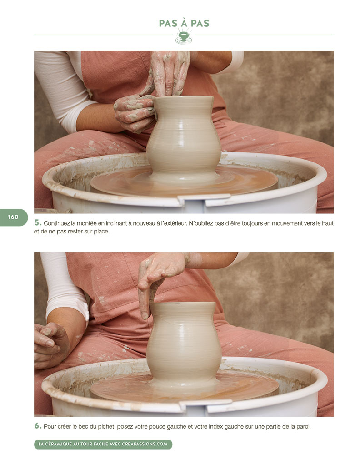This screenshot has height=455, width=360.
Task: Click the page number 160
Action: click(13, 217)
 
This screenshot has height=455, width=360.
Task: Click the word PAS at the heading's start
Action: click(168, 24)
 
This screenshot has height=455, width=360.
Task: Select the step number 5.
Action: click(38, 222)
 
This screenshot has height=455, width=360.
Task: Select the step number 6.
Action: click(38, 426)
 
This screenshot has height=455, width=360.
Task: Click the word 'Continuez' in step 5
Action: click(56, 223)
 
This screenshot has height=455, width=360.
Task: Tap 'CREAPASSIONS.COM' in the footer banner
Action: click(145, 444)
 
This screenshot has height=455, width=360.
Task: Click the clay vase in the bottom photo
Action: click(184, 344)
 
